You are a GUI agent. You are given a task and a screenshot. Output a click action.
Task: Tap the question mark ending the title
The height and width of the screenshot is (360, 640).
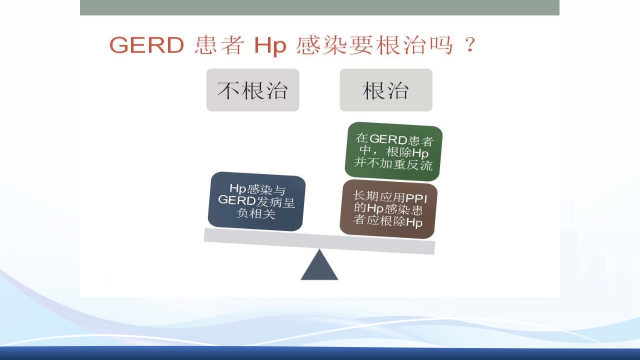[468, 45]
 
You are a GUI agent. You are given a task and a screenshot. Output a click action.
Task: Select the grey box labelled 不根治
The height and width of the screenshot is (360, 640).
[252, 90]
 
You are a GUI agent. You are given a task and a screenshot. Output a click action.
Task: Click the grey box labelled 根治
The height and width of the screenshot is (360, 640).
[385, 90]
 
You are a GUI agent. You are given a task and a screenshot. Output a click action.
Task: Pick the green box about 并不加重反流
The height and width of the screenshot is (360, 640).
[393, 151]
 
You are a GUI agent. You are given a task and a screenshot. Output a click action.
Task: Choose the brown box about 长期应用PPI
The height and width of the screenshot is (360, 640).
[388, 209]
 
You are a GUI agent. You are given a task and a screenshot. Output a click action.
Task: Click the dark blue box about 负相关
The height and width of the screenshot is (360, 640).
[256, 201]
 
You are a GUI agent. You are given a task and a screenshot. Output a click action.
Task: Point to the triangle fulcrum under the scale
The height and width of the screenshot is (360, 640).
[319, 266]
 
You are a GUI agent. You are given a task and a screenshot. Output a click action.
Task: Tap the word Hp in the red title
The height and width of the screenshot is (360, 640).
[269, 45]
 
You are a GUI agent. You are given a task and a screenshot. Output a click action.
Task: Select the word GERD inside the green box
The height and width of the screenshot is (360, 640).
[388, 139]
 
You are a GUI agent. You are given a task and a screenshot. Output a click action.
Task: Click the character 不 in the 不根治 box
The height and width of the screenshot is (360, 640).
[228, 90]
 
